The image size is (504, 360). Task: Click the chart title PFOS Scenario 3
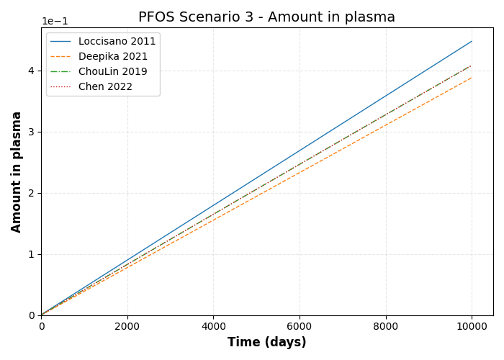click(266, 17)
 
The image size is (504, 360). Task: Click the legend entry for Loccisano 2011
click(117, 42)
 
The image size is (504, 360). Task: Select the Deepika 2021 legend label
click(113, 57)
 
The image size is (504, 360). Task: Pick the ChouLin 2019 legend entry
click(112, 72)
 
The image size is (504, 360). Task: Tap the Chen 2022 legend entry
click(105, 87)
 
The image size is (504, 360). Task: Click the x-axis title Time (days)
click(266, 343)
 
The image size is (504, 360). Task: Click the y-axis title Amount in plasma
click(17, 171)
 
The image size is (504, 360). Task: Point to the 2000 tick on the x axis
click(127, 325)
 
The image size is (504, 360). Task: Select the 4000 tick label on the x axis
click(213, 325)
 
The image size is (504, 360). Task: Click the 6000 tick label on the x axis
click(300, 325)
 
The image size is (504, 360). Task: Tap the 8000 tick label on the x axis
click(386, 325)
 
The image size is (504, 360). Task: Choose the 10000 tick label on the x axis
click(472, 325)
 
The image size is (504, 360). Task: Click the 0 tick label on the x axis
click(41, 325)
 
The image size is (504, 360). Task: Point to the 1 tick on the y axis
click(32, 254)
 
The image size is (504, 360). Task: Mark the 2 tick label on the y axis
click(32, 193)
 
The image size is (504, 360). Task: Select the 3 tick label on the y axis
click(32, 132)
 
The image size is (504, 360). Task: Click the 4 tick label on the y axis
click(32, 71)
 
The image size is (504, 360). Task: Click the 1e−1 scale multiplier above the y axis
click(55, 21)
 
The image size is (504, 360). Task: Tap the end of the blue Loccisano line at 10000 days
click(472, 41)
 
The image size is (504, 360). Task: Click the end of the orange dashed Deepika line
click(472, 78)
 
